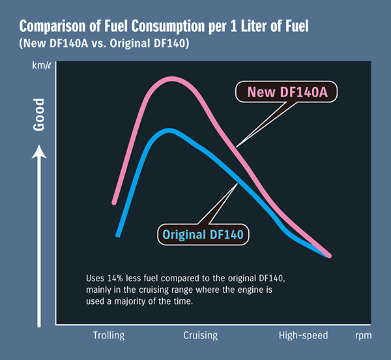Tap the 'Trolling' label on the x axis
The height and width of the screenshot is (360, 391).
[x=108, y=335]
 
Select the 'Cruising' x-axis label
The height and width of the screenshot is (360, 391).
[x=200, y=335]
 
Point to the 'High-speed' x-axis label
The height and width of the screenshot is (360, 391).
[x=303, y=335]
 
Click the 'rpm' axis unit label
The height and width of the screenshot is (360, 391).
[x=364, y=336]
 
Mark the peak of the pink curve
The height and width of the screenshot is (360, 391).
[x=171, y=79]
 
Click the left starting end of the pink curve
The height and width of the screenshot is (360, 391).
[x=115, y=202]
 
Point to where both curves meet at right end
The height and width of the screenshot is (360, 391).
[x=328, y=255]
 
